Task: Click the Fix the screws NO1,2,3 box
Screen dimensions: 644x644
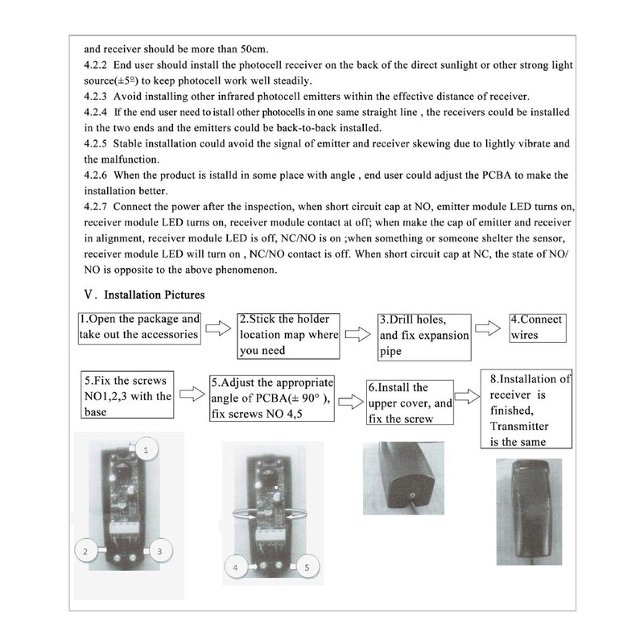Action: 127,394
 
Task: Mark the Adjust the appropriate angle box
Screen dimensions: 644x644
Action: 271,398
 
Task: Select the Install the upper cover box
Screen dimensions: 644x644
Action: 410,402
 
